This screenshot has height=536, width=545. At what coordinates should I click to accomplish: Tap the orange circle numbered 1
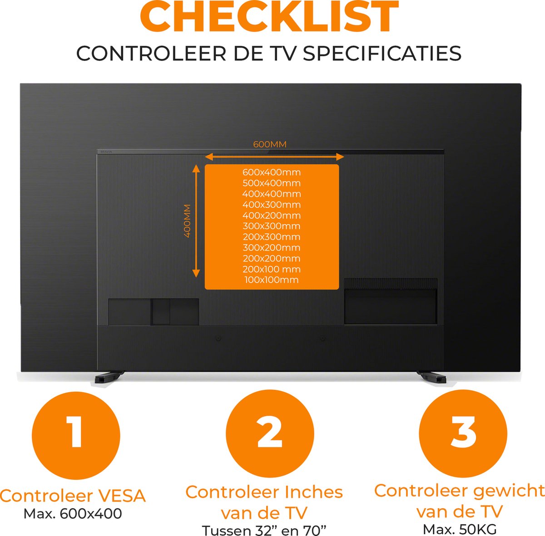(76, 436)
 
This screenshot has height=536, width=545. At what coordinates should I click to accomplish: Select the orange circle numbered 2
(270, 434)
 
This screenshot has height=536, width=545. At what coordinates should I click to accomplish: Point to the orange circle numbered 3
(463, 434)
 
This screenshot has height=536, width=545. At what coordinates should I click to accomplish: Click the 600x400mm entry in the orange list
(272, 172)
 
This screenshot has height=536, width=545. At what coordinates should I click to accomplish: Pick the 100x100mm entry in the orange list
(272, 280)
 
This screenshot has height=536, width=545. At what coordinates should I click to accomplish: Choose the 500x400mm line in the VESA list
(272, 183)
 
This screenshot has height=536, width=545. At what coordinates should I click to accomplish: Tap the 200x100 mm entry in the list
(272, 269)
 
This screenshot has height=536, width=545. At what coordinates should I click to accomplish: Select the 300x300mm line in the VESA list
(272, 226)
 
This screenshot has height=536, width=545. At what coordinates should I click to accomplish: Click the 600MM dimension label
(270, 144)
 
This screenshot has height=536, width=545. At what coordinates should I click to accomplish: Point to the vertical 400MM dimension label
(187, 221)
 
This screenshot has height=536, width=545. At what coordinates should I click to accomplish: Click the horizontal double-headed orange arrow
(274, 157)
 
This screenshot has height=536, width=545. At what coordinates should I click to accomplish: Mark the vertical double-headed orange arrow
(196, 221)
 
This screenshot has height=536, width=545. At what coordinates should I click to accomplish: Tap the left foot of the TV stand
(109, 377)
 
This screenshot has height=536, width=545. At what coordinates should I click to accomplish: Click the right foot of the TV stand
(432, 377)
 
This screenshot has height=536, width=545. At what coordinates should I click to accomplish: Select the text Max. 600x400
(73, 514)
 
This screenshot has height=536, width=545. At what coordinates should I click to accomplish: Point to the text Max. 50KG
(460, 530)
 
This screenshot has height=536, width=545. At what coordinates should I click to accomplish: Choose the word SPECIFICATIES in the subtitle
(382, 53)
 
